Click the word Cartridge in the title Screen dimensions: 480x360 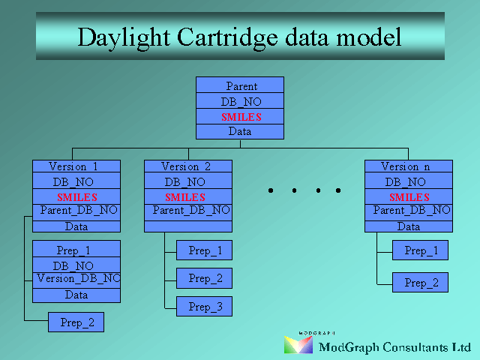point(227,37)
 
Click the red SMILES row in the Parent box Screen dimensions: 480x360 point(240,117)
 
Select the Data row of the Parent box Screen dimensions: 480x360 point(240,132)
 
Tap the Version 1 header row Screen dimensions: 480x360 point(76,166)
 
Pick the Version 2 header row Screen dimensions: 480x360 point(188,166)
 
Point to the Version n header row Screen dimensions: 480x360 point(409,166)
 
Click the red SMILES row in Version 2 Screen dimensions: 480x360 point(188,196)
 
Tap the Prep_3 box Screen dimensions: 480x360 point(204,307)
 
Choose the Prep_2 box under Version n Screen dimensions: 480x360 point(420,282)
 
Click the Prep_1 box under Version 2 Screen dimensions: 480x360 point(204,250)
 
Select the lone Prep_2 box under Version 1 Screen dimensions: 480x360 point(76,322)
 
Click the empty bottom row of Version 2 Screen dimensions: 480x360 point(188,226)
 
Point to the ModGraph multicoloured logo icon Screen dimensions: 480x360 point(298,344)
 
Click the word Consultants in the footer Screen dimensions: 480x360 point(415,347)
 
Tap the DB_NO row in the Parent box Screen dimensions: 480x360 point(240,100)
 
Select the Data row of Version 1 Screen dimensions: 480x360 point(76,226)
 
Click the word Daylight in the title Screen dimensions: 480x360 point(124,38)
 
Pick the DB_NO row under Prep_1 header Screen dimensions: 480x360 point(76,265)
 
